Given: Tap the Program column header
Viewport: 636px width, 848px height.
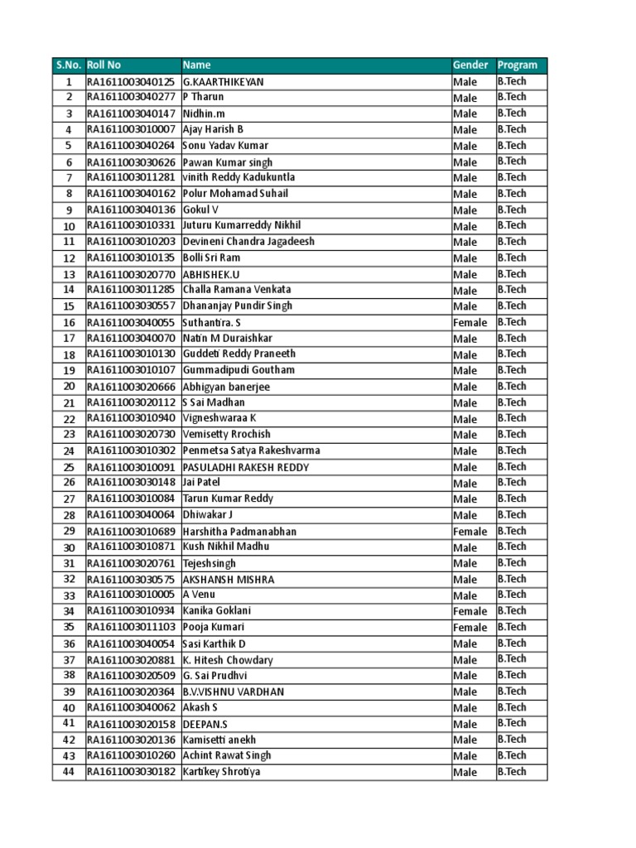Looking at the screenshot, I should (518, 65).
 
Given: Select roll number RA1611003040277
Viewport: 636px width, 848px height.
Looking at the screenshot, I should (131, 98).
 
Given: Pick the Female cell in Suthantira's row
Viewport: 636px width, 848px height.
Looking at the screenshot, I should (470, 323).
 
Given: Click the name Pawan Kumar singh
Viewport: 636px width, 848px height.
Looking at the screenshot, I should (227, 162).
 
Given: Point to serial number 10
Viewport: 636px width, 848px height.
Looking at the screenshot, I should (70, 226).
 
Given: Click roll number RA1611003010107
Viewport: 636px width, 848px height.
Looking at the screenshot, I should (131, 371).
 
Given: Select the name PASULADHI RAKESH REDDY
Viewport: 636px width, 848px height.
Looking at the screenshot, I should (245, 468).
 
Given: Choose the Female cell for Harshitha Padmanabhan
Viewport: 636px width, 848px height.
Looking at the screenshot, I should (470, 532).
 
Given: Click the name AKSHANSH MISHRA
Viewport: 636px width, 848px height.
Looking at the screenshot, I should (228, 580).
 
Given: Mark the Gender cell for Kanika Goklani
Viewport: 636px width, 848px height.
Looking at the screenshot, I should (470, 612).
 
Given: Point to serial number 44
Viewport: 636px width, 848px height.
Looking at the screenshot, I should (70, 773).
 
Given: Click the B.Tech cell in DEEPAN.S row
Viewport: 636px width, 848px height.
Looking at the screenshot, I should (512, 724).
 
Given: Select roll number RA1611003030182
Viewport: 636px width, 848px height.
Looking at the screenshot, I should (131, 773).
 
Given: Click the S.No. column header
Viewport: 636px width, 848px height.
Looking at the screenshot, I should (69, 65).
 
